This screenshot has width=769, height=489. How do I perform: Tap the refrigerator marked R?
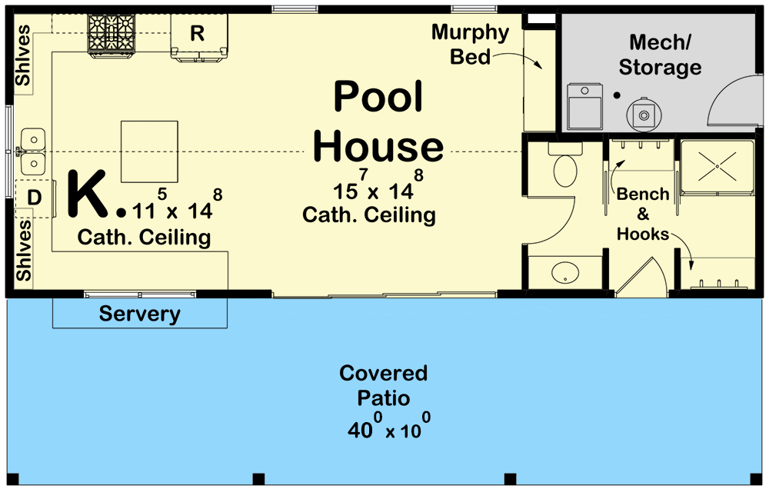coord(198,35)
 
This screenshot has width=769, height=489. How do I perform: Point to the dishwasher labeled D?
coord(34,198)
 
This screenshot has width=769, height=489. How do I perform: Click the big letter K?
coord(88,195)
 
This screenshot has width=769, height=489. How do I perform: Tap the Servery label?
coord(139,314)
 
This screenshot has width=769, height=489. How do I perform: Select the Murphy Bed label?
coord(470,44)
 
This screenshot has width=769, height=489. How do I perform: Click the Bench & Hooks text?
coord(643,215)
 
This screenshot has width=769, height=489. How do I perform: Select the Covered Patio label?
coord(384,386)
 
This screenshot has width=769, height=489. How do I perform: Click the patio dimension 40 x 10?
coord(388,427)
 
